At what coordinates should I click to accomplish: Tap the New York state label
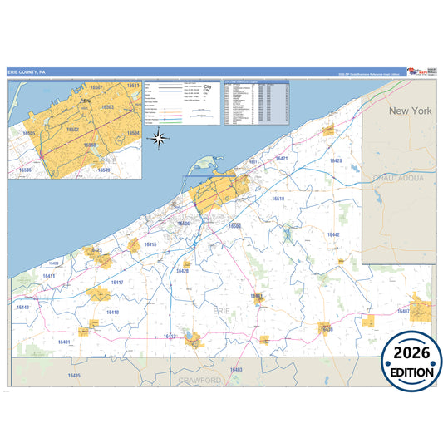[411, 111]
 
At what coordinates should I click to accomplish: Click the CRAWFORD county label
[199, 380]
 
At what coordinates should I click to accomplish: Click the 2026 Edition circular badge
[411, 362]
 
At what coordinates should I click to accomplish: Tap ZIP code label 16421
[282, 159]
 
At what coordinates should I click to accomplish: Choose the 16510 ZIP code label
[278, 199]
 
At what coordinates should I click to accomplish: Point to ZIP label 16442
[332, 235]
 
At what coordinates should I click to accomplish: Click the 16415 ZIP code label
[150, 244]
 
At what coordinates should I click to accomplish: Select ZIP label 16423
[96, 250]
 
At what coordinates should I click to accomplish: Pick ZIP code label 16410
[112, 312]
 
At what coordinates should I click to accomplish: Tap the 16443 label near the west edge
[22, 308]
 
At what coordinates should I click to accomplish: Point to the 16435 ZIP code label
[74, 375]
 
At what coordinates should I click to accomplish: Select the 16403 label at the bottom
[236, 369]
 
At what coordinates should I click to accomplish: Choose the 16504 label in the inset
[134, 133]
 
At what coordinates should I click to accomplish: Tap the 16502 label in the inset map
[73, 130]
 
